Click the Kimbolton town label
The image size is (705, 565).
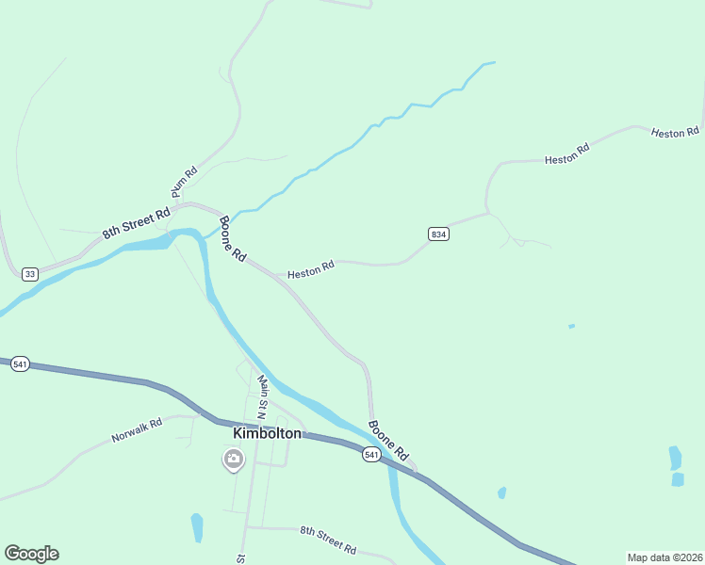pos(267,433)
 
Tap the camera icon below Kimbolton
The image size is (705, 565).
pos(233,460)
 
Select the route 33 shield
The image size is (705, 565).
pos(30,273)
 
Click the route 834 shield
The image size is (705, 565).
pos(437,234)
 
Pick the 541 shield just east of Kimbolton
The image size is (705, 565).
pos(371,455)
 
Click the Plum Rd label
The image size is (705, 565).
pos(184,182)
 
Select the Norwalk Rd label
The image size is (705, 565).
pos(137,430)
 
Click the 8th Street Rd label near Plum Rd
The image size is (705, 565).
pos(136,218)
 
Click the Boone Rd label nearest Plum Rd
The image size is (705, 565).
pos(233,240)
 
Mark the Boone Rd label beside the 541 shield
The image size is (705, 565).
pos(389,439)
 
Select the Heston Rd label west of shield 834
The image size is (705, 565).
pos(311,271)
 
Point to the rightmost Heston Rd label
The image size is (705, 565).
pos(675,133)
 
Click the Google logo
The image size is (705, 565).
pos(31,554)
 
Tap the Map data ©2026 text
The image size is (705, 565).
pos(664,557)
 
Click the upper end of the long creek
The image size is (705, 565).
pos(491,63)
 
